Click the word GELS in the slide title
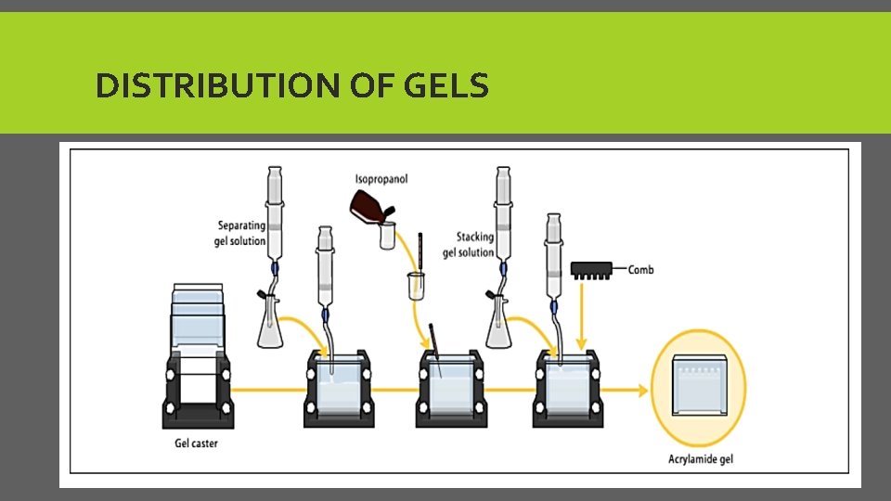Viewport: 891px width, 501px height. tap(446, 86)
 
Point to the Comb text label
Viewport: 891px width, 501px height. tap(641, 270)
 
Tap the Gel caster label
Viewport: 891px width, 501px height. tap(197, 443)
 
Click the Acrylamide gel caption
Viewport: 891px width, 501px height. tap(701, 459)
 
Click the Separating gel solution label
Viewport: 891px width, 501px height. tap(241, 233)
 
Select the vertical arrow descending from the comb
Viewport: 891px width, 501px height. tap(582, 315)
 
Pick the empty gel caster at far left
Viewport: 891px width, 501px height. tap(198, 362)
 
